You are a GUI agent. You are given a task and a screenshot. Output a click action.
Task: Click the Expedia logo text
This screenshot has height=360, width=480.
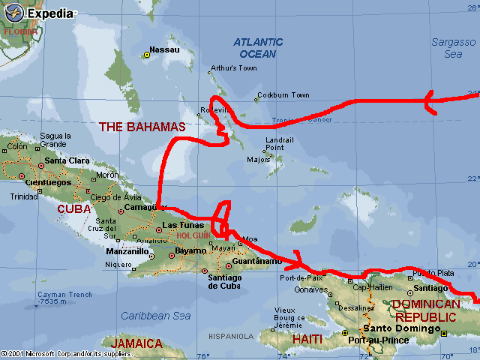coord(52,13)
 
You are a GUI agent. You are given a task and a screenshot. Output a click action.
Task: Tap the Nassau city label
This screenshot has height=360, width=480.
coord(165,49)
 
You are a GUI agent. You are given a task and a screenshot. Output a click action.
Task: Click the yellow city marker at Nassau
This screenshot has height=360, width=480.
coord(148,55)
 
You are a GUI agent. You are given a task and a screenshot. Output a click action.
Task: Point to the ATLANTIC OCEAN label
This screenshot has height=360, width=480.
coord(257,48)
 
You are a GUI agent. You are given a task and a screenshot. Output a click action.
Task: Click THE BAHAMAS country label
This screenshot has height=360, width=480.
coord(142,127)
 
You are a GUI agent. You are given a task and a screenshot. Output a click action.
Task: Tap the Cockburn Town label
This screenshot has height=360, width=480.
coord(283,95)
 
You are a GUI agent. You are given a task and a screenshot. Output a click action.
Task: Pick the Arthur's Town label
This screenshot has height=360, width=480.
coord(234,68)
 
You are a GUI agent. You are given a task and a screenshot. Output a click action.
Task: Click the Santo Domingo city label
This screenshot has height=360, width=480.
coord(400,328)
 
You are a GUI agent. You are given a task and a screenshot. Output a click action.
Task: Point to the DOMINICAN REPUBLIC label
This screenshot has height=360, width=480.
coord(425,310)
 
